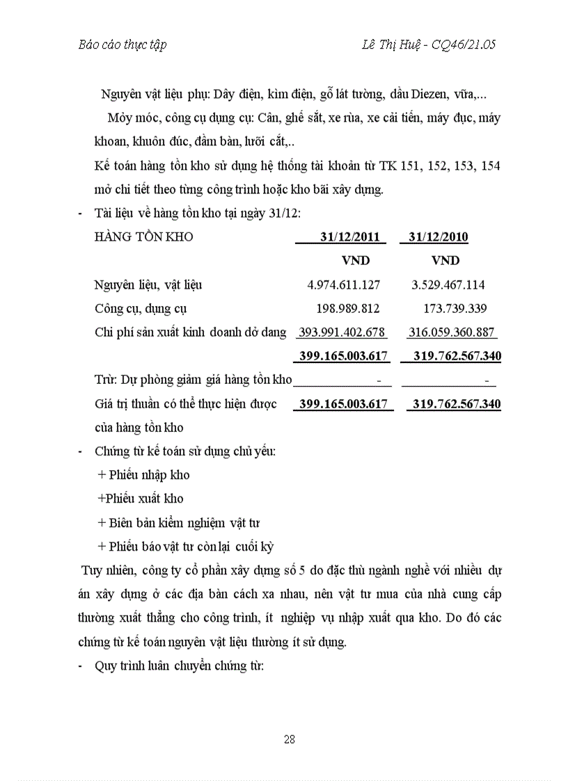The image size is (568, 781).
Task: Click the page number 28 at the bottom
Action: [x=290, y=739]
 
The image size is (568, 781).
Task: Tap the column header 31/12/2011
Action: [x=349, y=237]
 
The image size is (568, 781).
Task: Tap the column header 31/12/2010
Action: [x=438, y=237]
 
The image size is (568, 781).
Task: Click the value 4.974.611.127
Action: [x=343, y=284]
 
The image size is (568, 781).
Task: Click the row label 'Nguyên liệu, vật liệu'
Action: [x=148, y=284]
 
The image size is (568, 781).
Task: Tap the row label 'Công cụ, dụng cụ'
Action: [x=141, y=308]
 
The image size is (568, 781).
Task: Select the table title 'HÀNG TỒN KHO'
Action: [x=143, y=237]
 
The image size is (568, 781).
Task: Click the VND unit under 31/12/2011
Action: [x=355, y=261]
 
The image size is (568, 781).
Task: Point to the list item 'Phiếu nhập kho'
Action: [x=144, y=475]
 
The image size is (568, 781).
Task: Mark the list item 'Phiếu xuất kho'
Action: [x=141, y=499]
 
